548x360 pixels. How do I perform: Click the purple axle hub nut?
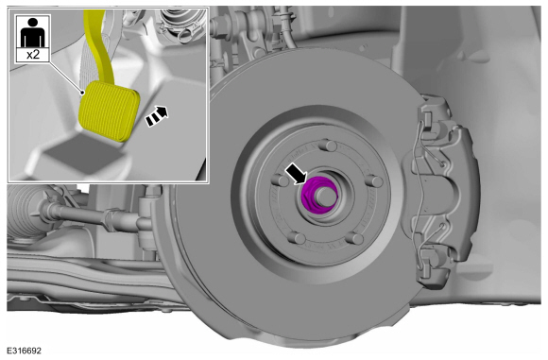(318, 195)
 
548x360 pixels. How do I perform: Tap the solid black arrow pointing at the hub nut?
(296, 174)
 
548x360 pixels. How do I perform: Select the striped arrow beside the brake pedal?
(157, 116)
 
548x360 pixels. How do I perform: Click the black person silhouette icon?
(32, 32)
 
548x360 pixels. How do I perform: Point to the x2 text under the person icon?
(33, 55)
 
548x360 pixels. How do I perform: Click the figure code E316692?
(25, 351)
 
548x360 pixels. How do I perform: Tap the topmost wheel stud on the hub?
(328, 146)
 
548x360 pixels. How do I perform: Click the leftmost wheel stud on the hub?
(280, 180)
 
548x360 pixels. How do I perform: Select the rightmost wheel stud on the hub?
(375, 181)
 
